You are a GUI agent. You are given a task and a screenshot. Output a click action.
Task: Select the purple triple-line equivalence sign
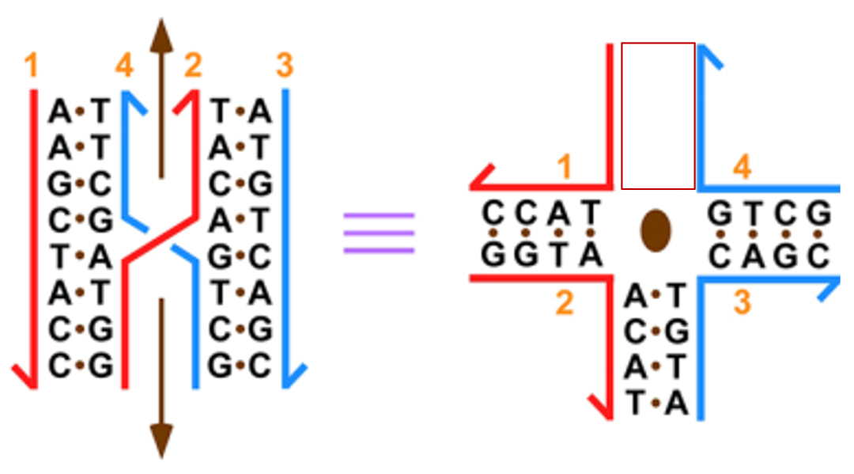(379, 233)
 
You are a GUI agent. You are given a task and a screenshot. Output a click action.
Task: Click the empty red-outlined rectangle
(658, 116)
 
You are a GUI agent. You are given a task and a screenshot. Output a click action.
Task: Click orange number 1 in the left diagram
(31, 66)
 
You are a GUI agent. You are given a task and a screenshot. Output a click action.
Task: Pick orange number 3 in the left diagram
(285, 66)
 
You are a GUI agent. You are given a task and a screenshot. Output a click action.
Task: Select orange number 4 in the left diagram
(124, 66)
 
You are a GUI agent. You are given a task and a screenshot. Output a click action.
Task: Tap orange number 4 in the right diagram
(742, 167)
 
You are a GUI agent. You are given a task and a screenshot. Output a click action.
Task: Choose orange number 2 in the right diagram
(564, 302)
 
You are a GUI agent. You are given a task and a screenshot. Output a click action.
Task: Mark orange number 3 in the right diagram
(742, 302)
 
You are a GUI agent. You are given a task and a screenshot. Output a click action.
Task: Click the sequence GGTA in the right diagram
(543, 255)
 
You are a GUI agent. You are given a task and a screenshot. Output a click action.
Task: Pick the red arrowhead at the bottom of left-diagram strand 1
(24, 376)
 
